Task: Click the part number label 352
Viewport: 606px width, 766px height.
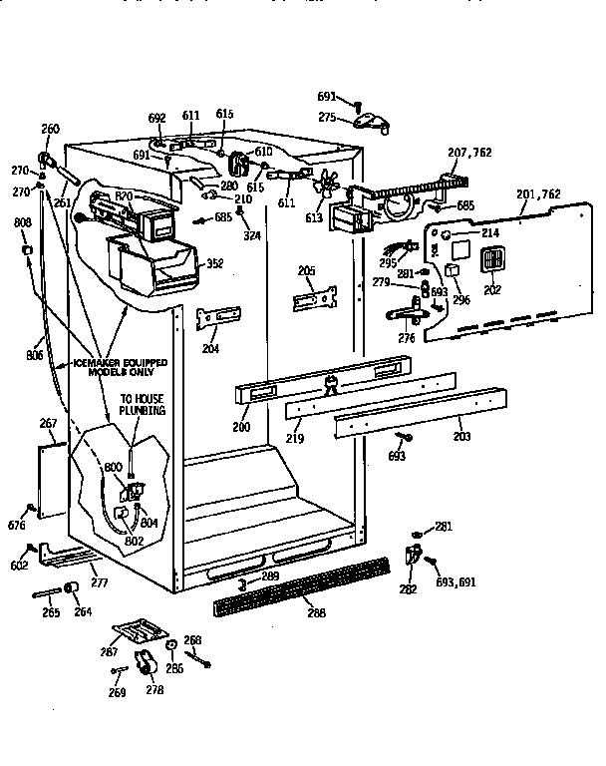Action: coord(214,264)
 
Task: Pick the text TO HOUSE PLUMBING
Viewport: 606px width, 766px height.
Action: coord(143,404)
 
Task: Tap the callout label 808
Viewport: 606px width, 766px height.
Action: coord(21,223)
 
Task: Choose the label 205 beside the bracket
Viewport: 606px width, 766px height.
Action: coord(307,270)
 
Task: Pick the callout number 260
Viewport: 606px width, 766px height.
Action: coord(50,129)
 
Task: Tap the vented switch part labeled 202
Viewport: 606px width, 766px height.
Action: coord(489,261)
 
